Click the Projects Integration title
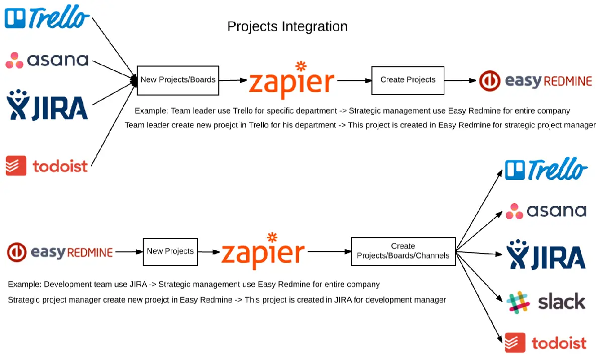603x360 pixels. tap(287, 26)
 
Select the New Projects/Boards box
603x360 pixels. tap(178, 80)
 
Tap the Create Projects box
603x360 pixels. tap(408, 80)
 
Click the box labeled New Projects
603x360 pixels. tap(170, 251)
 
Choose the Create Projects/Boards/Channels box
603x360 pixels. tap(403, 251)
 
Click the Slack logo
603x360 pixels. tap(546, 302)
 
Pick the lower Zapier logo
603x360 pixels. tap(263, 251)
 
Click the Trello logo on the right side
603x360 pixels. tap(546, 169)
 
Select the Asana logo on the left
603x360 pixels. tap(47, 60)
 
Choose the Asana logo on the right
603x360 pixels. tap(546, 211)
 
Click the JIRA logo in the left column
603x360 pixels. tap(47, 105)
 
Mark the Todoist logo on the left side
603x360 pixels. tap(47, 166)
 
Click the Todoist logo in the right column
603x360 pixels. tap(546, 343)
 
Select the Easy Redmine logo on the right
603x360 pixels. tap(536, 81)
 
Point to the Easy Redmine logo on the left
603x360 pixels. tap(60, 252)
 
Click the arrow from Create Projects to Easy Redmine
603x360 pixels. tap(460, 80)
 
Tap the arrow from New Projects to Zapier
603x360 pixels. tap(208, 251)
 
